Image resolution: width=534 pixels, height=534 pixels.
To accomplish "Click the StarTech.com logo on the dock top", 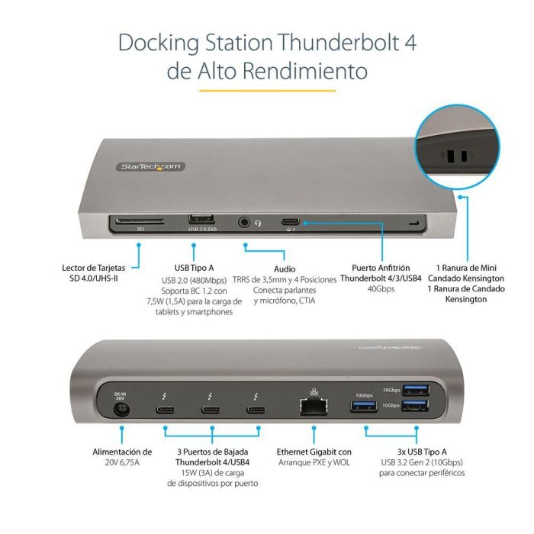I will coord(151,166).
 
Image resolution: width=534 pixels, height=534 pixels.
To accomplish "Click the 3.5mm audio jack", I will coord(244,222).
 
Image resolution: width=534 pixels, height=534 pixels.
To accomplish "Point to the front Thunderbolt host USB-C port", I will coord(291,222).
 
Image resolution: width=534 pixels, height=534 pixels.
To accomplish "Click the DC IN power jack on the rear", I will coord(118,410).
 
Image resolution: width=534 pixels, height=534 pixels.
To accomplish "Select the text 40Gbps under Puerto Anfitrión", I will coord(381,289).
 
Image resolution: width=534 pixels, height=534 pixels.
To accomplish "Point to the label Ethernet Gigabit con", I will coord(314,452).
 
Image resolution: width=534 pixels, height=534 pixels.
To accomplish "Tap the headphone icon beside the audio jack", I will coord(259,223).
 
